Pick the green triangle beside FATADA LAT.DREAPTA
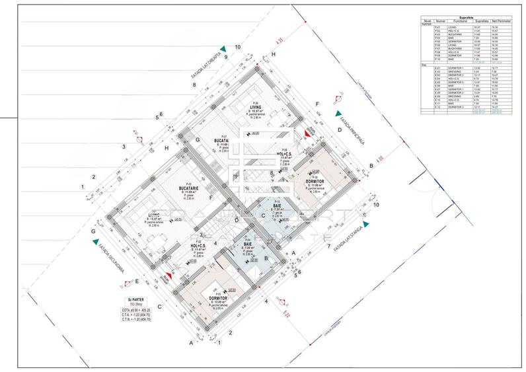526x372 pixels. [224, 48]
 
